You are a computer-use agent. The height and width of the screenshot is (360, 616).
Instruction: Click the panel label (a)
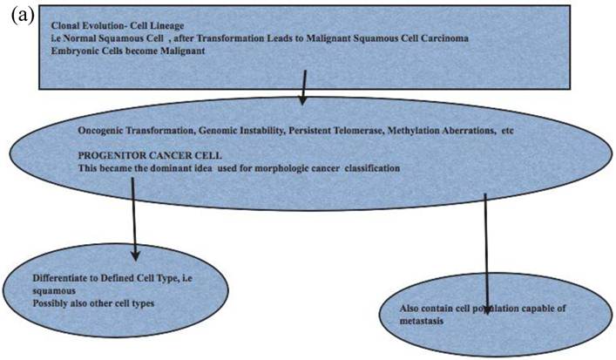pos(19,17)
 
